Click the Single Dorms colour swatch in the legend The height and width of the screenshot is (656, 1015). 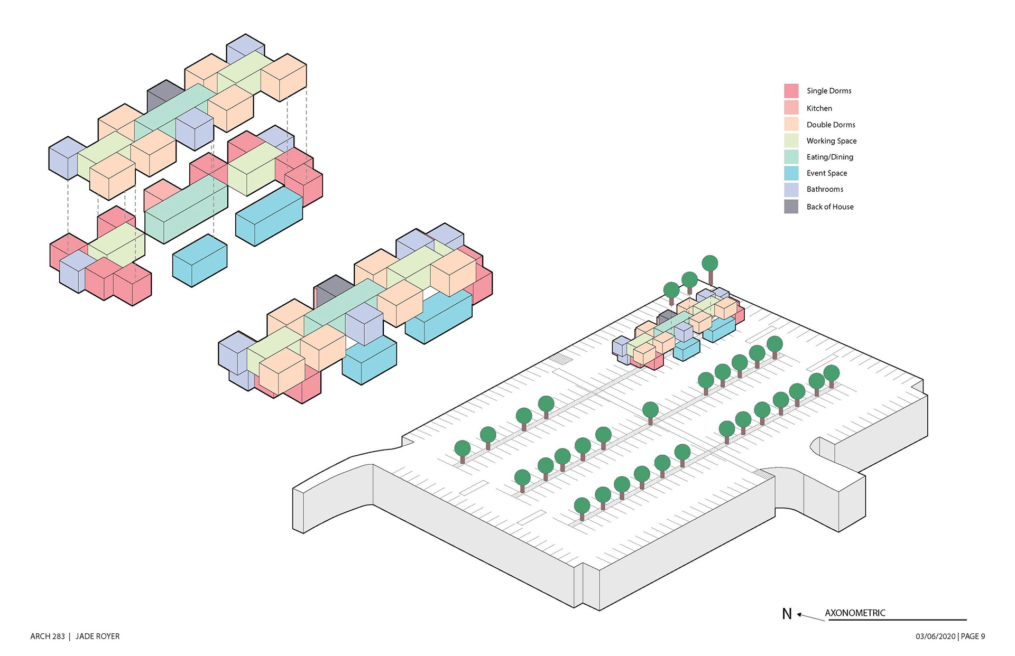tap(791, 91)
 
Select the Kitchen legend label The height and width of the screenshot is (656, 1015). tap(819, 108)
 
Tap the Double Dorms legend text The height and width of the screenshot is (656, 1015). tap(831, 125)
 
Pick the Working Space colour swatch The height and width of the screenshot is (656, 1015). tap(791, 140)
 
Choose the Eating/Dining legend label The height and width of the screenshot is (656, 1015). tap(829, 157)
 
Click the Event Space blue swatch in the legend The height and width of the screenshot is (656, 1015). tap(791, 173)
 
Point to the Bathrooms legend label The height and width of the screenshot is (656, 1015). tap(825, 189)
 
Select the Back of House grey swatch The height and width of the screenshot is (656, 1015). tap(791, 207)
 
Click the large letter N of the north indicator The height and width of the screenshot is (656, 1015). tap(787, 614)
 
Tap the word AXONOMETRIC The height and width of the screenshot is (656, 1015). tap(855, 613)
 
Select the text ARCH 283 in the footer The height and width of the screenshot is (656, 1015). tap(48, 636)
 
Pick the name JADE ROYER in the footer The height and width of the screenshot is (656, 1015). tap(97, 636)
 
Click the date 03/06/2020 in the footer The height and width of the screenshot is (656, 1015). tap(936, 636)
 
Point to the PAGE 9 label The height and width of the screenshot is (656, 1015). tap(973, 636)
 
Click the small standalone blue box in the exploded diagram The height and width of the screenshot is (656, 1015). tap(200, 261)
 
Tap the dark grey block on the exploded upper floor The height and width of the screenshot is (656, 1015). tap(165, 96)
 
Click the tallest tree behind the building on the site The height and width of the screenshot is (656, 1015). tap(710, 269)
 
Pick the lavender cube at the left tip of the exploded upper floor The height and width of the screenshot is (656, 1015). tap(67, 158)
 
